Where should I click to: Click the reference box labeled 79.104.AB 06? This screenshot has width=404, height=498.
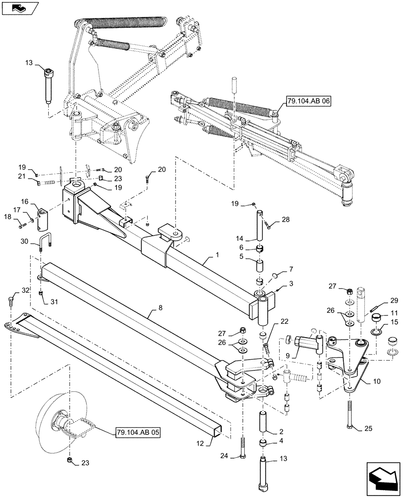[308, 103]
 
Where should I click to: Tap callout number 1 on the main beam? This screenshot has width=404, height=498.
[217, 255]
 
